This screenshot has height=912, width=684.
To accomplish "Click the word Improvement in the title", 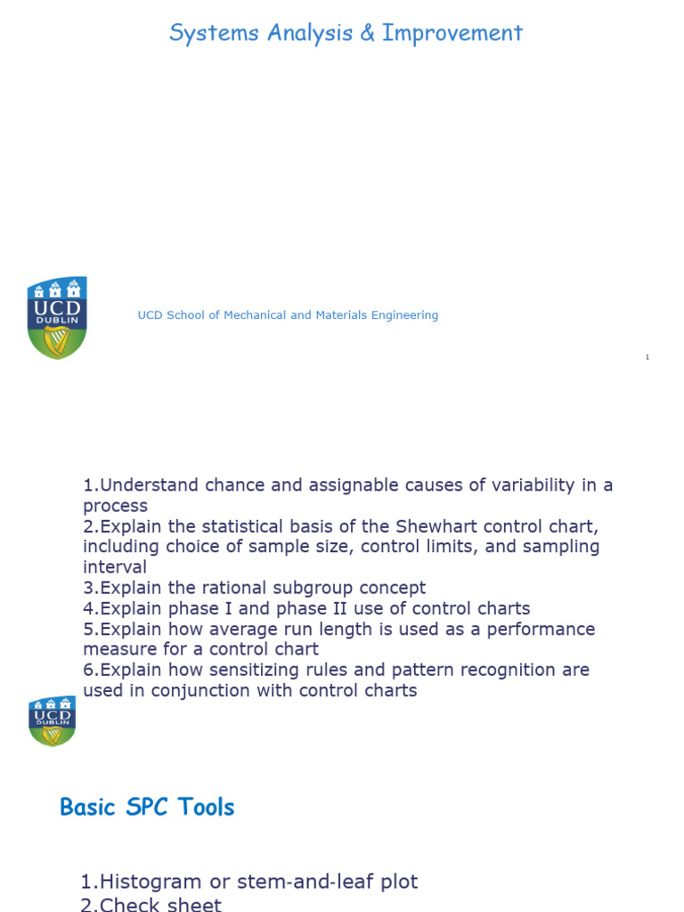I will (x=452, y=34).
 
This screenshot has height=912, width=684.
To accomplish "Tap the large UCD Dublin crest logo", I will (x=57, y=318).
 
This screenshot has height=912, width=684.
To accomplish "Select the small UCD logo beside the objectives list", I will (x=52, y=720).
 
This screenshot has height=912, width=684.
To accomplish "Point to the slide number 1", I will (x=647, y=357).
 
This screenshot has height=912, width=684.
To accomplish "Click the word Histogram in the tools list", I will (x=151, y=883).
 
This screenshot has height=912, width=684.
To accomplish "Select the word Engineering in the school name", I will (x=403, y=315).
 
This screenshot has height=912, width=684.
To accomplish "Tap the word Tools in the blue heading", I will (x=206, y=808).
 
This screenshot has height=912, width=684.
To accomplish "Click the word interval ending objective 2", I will (x=115, y=567).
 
